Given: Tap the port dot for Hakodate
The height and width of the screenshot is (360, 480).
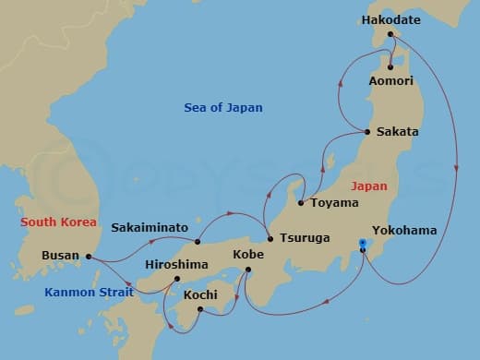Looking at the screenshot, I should (x=390, y=34).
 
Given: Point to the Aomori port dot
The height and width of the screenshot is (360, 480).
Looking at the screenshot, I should (x=390, y=66).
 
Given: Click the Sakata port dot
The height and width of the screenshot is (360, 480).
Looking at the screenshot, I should (x=367, y=132).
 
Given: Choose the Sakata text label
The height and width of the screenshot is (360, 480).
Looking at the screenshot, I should (x=398, y=132).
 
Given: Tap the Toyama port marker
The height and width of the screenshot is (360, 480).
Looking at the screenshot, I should (x=301, y=203).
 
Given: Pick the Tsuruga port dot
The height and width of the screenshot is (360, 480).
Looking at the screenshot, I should (x=270, y=238).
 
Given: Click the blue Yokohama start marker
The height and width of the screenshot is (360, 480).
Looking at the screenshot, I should (x=363, y=245).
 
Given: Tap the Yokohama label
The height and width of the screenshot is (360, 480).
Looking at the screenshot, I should (x=403, y=230).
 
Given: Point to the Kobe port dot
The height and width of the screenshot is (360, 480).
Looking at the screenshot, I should (x=247, y=270).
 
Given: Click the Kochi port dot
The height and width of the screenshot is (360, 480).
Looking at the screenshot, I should (x=200, y=309).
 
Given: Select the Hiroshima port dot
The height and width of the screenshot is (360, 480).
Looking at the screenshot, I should (x=177, y=278).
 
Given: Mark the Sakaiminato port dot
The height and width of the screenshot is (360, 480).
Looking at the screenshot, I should (x=198, y=242).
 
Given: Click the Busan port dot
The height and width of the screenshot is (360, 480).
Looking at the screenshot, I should (x=89, y=257).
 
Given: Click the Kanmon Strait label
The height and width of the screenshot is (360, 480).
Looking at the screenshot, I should (x=89, y=292).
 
